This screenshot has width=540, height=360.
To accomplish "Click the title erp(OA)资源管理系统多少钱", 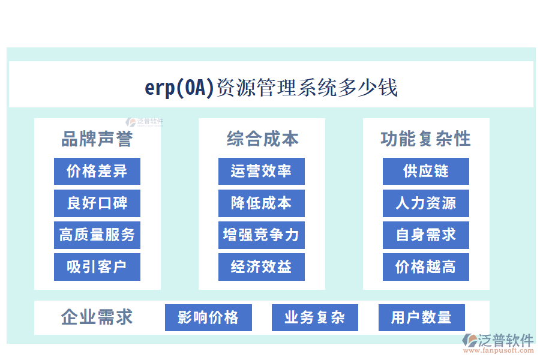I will click(271, 88).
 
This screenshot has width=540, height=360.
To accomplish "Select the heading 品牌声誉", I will click(97, 139).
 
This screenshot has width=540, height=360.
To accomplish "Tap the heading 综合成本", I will click(262, 139).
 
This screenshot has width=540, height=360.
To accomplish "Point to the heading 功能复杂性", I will click(425, 139).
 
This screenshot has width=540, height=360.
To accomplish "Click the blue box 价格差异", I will click(97, 171).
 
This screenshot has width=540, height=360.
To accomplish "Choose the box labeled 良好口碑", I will click(97, 203).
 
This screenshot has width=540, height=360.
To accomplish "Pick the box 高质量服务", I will click(97, 235).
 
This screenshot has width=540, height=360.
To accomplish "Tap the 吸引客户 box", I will click(97, 267).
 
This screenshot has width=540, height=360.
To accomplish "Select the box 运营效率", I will click(261, 171).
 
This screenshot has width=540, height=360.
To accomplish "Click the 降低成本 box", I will click(261, 203).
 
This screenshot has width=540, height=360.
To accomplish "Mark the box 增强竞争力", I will click(261, 235).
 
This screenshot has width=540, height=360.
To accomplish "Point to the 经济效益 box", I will click(261, 267).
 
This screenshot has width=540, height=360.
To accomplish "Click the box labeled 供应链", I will click(425, 171).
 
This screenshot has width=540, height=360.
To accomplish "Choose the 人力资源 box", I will click(425, 203).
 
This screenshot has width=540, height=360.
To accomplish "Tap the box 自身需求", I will click(425, 235).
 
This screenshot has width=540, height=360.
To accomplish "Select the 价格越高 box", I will click(425, 267).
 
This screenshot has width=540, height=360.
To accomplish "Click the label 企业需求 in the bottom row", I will click(97, 317).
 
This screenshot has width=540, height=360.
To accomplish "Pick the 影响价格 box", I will click(208, 317).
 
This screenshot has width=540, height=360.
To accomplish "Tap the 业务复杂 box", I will click(314, 317).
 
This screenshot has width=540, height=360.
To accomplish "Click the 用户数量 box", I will click(421, 317).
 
